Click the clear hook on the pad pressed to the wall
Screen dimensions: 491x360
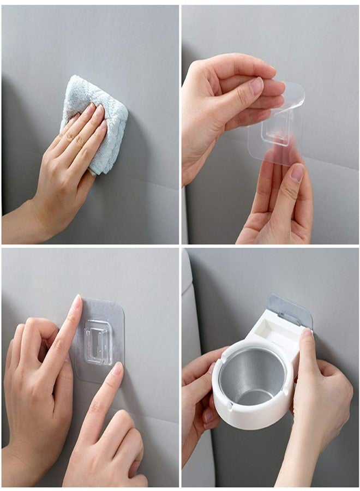point(99,342)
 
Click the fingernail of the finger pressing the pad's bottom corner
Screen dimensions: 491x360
point(117,369)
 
